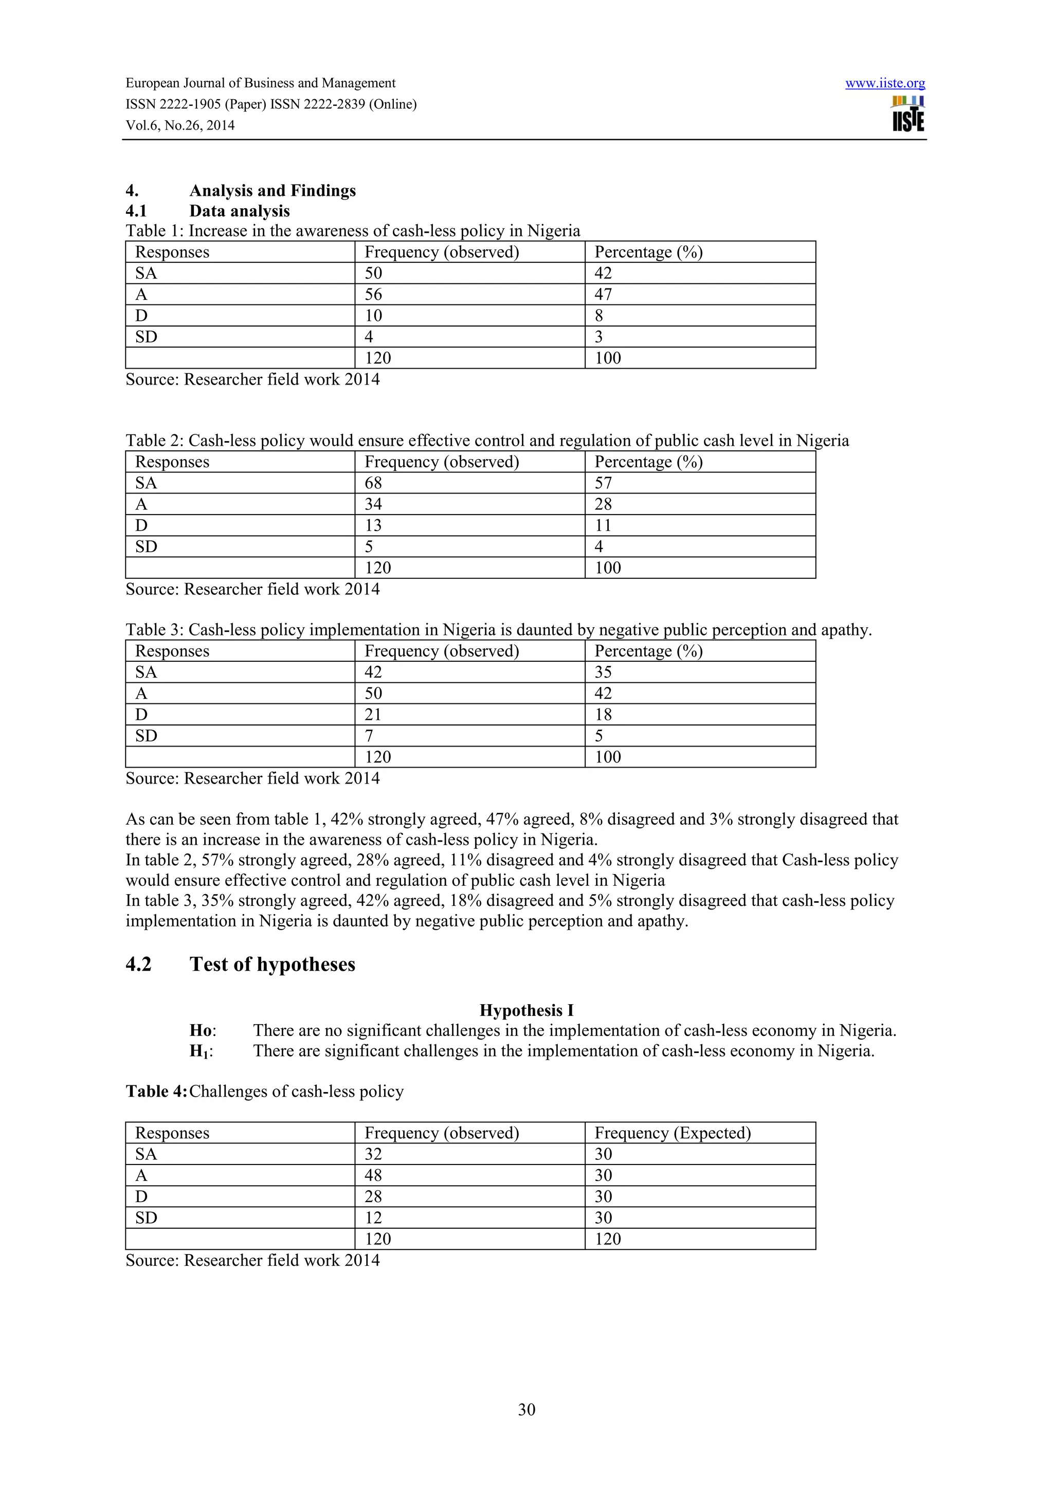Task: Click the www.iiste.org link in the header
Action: coord(884,83)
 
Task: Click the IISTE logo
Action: coord(907,114)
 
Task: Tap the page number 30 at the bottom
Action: coord(526,1409)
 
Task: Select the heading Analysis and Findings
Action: coord(273,190)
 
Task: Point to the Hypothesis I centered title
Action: coord(526,1010)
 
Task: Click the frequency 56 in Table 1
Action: coord(373,295)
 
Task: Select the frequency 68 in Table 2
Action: coord(373,483)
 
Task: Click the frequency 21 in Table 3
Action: coord(373,715)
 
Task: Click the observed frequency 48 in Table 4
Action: coord(373,1175)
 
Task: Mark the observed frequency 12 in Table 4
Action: coord(373,1218)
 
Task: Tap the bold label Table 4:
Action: coord(156,1091)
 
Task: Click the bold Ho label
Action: coord(201,1030)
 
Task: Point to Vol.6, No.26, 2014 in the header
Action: coord(180,125)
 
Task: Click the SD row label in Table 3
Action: coord(146,735)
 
